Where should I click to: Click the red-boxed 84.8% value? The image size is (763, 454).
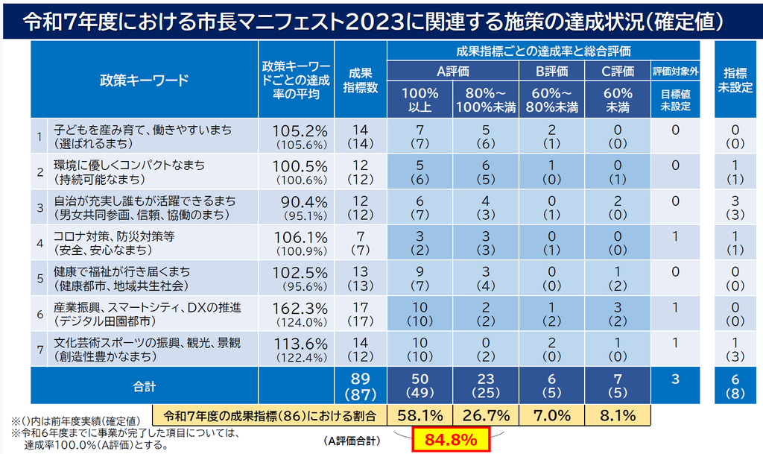pyautogui.click(x=451, y=440)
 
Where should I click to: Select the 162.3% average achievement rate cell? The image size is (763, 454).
pyautogui.click(x=297, y=314)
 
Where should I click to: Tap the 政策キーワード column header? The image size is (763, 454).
pyautogui.click(x=145, y=80)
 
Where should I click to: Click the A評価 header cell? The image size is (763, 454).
pyautogui.click(x=453, y=72)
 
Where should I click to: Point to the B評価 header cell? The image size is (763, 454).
pyautogui.click(x=552, y=72)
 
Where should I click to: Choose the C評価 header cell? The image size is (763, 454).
pyautogui.click(x=618, y=72)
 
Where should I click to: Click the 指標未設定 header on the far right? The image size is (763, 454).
pyautogui.click(x=735, y=80)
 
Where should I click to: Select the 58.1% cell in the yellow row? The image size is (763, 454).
pyautogui.click(x=420, y=415)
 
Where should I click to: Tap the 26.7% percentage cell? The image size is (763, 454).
pyautogui.click(x=486, y=415)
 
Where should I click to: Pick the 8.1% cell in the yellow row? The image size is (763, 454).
pyautogui.click(x=618, y=415)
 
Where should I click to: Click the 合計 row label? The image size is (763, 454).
pyautogui.click(x=145, y=386)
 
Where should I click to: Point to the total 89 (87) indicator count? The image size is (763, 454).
pyautogui.click(x=361, y=386)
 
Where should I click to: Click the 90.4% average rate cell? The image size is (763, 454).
pyautogui.click(x=297, y=207)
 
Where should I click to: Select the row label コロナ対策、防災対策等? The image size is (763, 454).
pyautogui.click(x=114, y=236)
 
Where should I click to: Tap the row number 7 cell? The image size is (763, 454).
pyautogui.click(x=40, y=350)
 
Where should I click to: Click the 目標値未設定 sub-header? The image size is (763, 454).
pyautogui.click(x=675, y=100)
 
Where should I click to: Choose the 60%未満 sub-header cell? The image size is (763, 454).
pyautogui.click(x=618, y=100)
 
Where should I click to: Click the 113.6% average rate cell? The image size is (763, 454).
pyautogui.click(x=297, y=350)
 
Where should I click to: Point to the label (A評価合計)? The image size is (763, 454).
pyautogui.click(x=352, y=441)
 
